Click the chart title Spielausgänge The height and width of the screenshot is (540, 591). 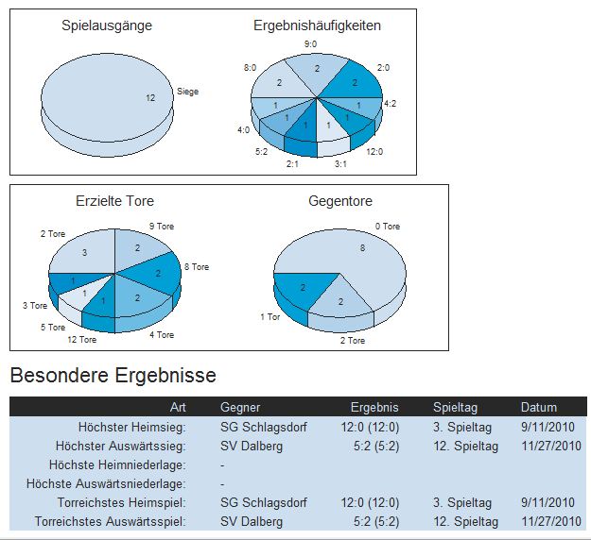pos(107,25)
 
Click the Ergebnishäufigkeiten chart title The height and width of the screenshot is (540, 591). pos(318,25)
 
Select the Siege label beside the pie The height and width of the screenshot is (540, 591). pos(187,93)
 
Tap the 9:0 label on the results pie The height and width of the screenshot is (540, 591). pos(310,44)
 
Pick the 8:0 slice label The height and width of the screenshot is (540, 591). pos(250,68)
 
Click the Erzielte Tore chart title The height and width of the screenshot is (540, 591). pos(114,201)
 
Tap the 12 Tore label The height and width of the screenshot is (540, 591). pos(81,339)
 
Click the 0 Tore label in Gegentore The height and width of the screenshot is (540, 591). pos(388,227)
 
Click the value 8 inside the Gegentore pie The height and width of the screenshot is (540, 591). pos(362,248)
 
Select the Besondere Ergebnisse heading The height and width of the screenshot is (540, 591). pos(113,376)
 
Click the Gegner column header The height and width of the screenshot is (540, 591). pos(239,408)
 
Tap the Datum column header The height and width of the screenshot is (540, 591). pos(539,408)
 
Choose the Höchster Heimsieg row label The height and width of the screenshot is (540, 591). pos(132,428)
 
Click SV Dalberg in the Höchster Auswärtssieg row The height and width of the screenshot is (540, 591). pos(251,447)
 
